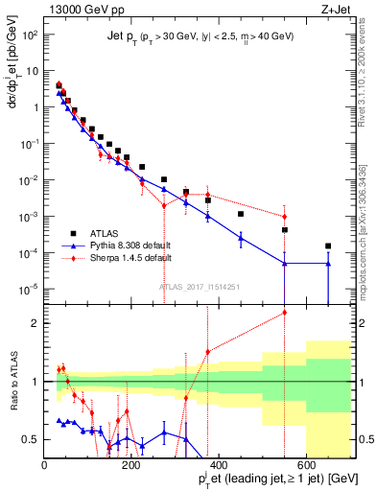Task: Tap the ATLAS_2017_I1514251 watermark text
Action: [x=199, y=286]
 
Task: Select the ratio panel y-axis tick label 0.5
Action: [x=31, y=440]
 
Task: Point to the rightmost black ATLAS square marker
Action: [x=328, y=245]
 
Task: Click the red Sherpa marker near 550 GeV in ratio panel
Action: [x=284, y=312]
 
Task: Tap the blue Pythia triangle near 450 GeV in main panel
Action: [x=241, y=238]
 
